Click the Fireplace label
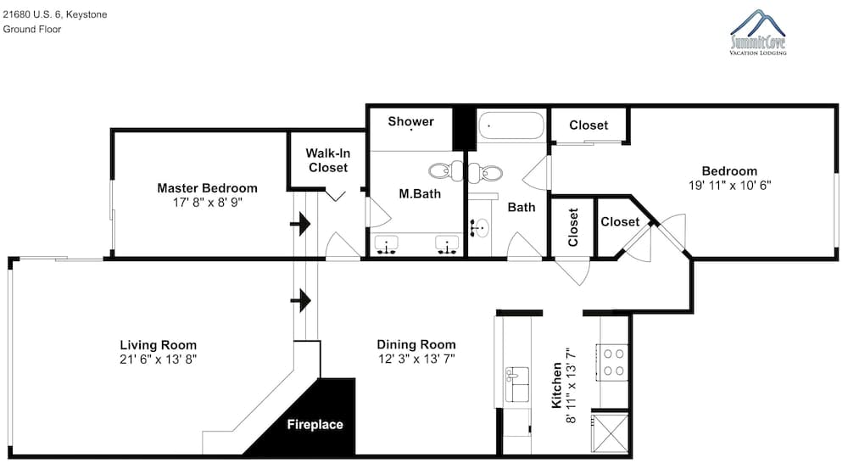(315, 425)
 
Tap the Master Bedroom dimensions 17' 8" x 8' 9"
(208, 203)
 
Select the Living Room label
(158, 345)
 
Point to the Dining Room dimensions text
(416, 359)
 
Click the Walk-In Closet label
(327, 160)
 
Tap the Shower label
(411, 121)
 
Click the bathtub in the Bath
(511, 126)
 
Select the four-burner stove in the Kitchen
(613, 362)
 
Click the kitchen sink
(517, 384)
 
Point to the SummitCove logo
(757, 32)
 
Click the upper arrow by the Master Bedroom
(301, 223)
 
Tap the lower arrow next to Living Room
(301, 300)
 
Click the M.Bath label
(420, 193)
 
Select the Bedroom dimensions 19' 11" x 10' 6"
(729, 186)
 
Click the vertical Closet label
(572, 227)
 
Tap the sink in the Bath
(479, 228)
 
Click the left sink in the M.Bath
(386, 244)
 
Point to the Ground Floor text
(32, 29)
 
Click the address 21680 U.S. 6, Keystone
(54, 14)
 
